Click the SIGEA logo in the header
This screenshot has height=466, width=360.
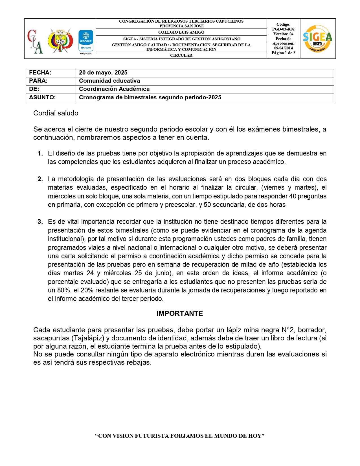point(317,39)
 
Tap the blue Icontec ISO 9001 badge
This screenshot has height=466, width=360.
point(85,41)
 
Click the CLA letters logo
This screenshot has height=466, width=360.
point(35,41)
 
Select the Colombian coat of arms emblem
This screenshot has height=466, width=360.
point(60,40)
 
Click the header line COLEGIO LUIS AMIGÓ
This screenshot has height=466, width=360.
point(181,32)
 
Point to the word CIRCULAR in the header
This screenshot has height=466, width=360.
point(181,56)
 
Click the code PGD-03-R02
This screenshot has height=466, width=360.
point(283,29)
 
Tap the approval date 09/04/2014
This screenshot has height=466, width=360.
point(283,48)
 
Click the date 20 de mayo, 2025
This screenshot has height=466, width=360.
point(103,73)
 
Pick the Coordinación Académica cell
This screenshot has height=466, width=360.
point(114,89)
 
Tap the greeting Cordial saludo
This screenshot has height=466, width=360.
point(56,113)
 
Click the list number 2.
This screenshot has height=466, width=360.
point(40,179)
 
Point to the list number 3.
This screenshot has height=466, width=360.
point(40,222)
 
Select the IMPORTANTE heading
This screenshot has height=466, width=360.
point(180,314)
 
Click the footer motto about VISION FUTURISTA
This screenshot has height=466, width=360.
point(180,436)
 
